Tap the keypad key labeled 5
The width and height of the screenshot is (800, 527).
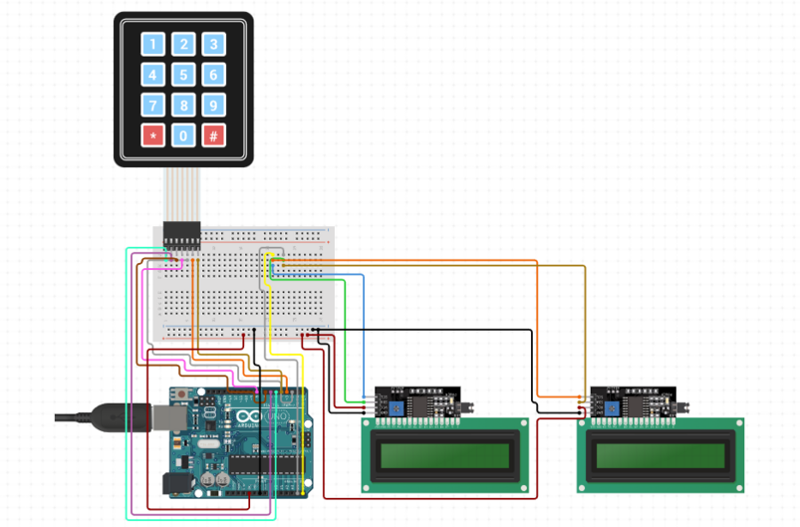point(182,74)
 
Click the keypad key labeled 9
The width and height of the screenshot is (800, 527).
point(212,105)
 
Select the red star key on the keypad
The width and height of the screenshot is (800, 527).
point(152,135)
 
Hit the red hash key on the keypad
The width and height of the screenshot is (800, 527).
point(212,135)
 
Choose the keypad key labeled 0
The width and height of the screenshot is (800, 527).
point(182,135)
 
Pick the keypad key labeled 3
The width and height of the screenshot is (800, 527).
point(212,44)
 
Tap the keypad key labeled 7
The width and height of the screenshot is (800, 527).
point(152,105)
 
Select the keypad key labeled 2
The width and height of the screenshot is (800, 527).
point(182,44)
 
